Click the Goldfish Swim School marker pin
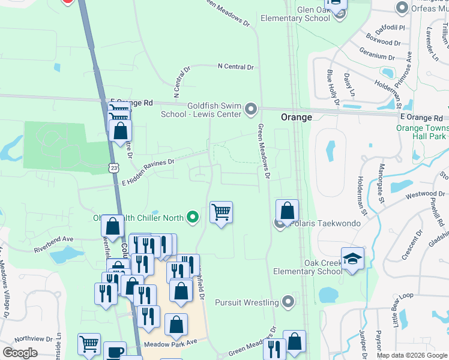(x=251, y=109)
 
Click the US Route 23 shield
(x=113, y=169)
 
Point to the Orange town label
(x=297, y=118)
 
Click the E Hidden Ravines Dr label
(x=148, y=172)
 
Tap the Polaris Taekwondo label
(x=326, y=224)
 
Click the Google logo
(x=20, y=353)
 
